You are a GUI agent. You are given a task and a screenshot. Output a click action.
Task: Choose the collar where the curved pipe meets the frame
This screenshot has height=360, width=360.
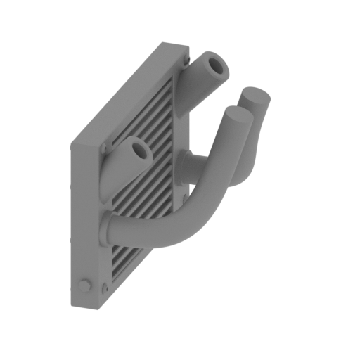109,229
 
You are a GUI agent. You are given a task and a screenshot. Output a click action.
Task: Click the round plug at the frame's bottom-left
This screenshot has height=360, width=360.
86,285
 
